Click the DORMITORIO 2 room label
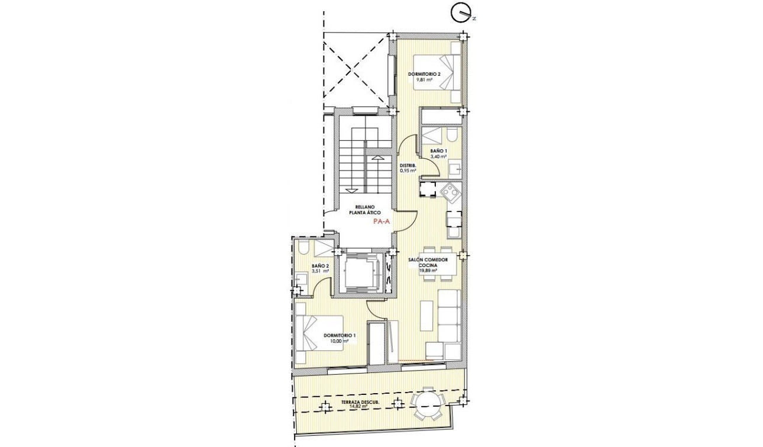point(424,74)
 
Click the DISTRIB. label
point(408,165)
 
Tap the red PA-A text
point(382,221)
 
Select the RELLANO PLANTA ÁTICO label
point(363,210)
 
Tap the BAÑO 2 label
point(320,266)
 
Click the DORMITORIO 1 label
point(340,336)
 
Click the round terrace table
point(427,406)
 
